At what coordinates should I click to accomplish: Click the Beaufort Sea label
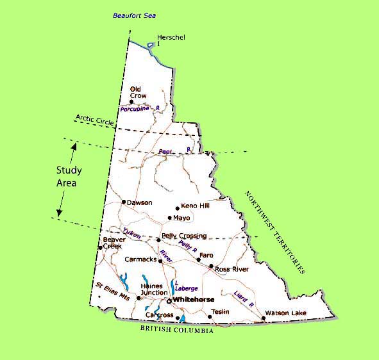135,15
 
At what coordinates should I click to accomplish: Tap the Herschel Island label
171,40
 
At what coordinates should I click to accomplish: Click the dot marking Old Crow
131,101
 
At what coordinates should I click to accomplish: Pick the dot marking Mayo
169,218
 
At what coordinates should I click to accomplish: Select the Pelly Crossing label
184,236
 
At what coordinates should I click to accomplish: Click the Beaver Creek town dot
100,248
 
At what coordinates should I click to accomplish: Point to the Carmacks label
140,260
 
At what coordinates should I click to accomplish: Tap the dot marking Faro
198,259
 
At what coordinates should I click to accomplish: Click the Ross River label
232,270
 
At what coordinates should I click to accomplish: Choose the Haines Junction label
154,290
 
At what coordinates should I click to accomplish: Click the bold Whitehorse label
193,299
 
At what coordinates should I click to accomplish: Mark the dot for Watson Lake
264,318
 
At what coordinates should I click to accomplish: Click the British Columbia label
176,329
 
